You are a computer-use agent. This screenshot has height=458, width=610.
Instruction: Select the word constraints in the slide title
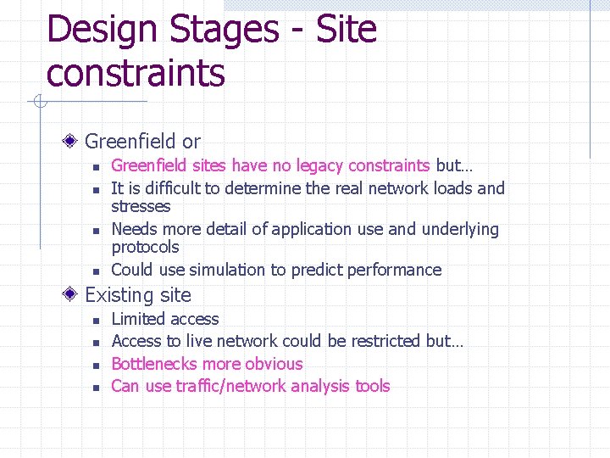tap(136, 73)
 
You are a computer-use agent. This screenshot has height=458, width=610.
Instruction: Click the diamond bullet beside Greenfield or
tap(74, 142)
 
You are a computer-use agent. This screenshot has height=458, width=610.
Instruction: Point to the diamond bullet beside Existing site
tap(74, 296)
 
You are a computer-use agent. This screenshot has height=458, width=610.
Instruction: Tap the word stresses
tap(141, 206)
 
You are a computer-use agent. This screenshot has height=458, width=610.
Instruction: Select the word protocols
tap(145, 247)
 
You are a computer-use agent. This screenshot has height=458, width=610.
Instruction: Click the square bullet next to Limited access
tap(97, 321)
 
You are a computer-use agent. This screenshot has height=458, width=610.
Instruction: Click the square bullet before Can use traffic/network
tap(97, 388)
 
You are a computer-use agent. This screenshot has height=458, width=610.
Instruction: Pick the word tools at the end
tap(373, 386)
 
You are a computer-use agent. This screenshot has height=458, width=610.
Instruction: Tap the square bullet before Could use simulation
tap(97, 271)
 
